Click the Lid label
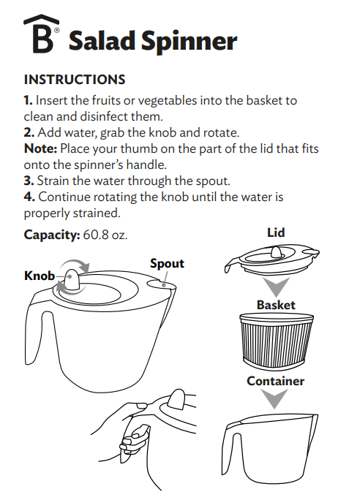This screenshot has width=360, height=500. [x=275, y=233]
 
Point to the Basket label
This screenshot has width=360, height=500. [x=275, y=304]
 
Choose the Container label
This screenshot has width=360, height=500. [x=275, y=381]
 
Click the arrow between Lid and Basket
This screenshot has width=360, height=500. [x=275, y=287]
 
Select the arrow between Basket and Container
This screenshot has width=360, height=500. [x=275, y=398]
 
